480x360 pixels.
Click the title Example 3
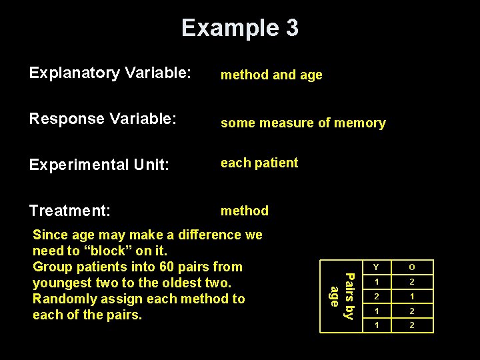coord(240,28)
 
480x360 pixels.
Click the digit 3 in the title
coord(291,28)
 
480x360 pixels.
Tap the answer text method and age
coord(271,75)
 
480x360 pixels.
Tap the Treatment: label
coord(69,211)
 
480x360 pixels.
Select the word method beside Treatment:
coord(245,211)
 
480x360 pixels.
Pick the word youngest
coord(60,283)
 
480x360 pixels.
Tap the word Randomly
coord(61,299)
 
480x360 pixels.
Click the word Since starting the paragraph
coord(49,235)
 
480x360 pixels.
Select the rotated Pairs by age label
coord(341,295)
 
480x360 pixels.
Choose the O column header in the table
coord(412,268)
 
